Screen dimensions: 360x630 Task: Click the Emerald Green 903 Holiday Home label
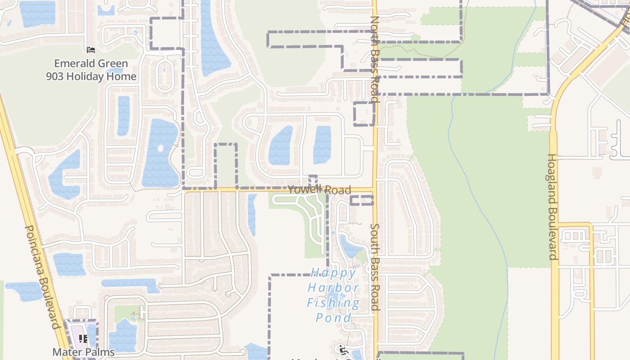(x=91, y=70)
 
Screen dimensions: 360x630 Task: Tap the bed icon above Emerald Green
(x=90, y=49)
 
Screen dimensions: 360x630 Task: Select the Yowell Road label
(x=319, y=190)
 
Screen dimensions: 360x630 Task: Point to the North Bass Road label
(x=374, y=59)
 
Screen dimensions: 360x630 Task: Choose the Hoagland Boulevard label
(x=552, y=207)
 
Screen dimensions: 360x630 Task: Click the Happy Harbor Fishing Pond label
(x=333, y=295)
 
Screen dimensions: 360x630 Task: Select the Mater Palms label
(x=84, y=352)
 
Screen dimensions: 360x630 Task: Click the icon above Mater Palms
(x=83, y=338)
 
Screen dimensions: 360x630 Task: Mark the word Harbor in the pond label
(x=333, y=288)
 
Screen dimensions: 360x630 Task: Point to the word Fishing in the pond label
(x=333, y=303)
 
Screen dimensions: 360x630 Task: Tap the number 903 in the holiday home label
(x=56, y=76)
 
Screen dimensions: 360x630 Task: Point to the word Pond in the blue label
(x=333, y=318)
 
